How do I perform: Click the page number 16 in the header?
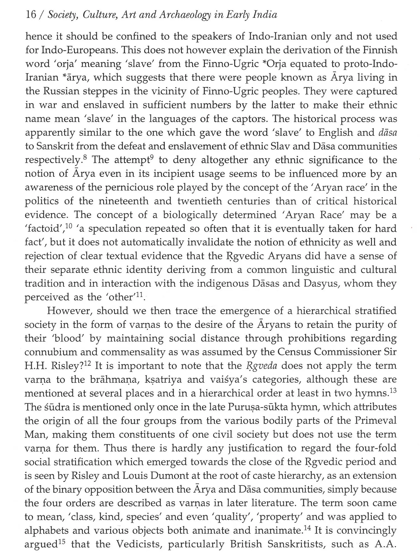pos(31,15)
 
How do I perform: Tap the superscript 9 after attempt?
pos(152,157)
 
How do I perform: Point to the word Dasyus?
pos(319,284)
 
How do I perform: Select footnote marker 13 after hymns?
pos(393,390)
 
